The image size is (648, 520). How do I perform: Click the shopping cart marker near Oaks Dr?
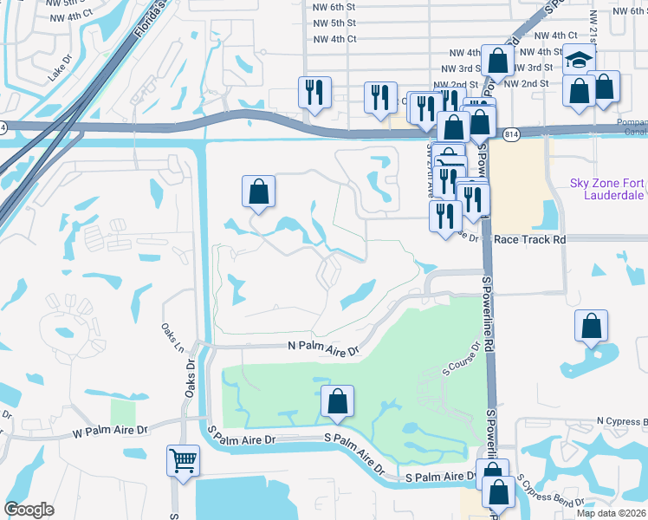click(x=183, y=460)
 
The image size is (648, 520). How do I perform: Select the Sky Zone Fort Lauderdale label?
click(x=608, y=189)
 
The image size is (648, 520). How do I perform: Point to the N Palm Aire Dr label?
click(x=322, y=347)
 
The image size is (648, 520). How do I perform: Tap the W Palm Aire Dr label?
click(x=111, y=430)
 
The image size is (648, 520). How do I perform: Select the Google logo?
click(x=29, y=510)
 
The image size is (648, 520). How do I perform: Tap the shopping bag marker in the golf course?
click(x=337, y=401)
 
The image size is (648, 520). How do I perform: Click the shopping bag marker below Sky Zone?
click(x=591, y=327)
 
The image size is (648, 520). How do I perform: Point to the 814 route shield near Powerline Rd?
click(x=511, y=133)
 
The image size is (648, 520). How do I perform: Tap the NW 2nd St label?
click(x=526, y=83)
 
